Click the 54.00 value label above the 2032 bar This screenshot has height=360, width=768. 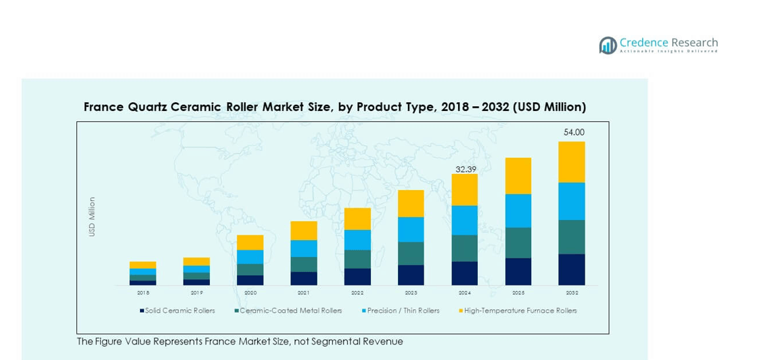[574, 133]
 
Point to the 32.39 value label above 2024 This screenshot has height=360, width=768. [466, 169]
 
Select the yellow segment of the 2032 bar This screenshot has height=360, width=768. [572, 162]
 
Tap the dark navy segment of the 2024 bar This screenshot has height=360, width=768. [465, 273]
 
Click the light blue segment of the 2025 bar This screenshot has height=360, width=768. [518, 210]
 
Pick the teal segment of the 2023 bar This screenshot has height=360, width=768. [411, 254]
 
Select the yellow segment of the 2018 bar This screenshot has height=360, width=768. [143, 265]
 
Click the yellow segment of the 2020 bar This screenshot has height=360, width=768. [250, 242]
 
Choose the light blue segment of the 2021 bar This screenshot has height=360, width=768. [304, 248]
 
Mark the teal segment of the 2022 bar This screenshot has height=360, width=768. [357, 259]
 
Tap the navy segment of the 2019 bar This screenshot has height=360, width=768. [196, 282]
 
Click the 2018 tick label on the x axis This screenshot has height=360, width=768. [143, 293]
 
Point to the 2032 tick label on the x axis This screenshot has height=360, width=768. [572, 293]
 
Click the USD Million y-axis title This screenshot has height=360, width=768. [92, 217]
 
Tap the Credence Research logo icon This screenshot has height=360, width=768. [608, 45]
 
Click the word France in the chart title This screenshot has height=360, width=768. [104, 107]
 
